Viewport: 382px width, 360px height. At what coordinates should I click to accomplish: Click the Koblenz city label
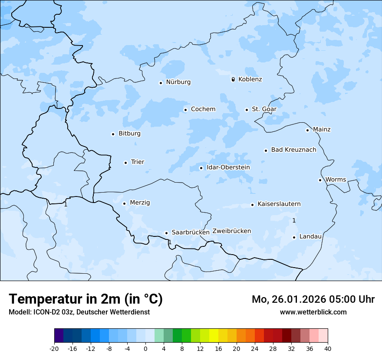pos(250,79)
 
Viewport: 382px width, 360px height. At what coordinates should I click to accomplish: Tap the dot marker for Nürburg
pos(161,83)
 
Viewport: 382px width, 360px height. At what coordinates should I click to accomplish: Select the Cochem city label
pos(203,109)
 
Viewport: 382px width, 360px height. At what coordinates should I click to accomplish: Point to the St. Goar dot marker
pos(247,110)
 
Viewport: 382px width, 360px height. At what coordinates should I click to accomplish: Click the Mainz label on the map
pos(322,130)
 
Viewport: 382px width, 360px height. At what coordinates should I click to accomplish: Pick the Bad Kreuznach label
pos(293,150)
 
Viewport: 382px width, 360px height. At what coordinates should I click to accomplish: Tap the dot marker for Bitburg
pos(113,134)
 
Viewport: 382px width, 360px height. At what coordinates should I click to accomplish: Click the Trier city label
pos(138,162)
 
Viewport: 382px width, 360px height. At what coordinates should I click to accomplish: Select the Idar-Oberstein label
pos(228,167)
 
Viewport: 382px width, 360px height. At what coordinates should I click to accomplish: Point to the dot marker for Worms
pos(320,180)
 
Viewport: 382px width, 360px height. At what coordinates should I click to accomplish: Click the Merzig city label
pos(140,203)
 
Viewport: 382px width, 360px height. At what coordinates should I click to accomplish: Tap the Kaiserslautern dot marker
pos(252,205)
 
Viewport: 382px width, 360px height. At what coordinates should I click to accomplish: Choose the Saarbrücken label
pos(191,232)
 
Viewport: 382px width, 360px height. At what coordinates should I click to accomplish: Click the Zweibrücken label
pos(231,231)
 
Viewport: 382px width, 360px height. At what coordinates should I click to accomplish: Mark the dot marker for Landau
pos(294,237)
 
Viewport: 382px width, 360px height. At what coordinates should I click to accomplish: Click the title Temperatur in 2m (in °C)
pos(86,299)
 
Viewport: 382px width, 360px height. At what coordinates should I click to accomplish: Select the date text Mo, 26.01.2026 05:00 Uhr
pos(313,299)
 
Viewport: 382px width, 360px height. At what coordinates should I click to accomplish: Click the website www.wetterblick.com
pos(313,312)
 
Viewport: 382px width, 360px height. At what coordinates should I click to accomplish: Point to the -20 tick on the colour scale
pos(54,348)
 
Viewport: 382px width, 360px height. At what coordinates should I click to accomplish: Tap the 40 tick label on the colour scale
pos(328,348)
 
